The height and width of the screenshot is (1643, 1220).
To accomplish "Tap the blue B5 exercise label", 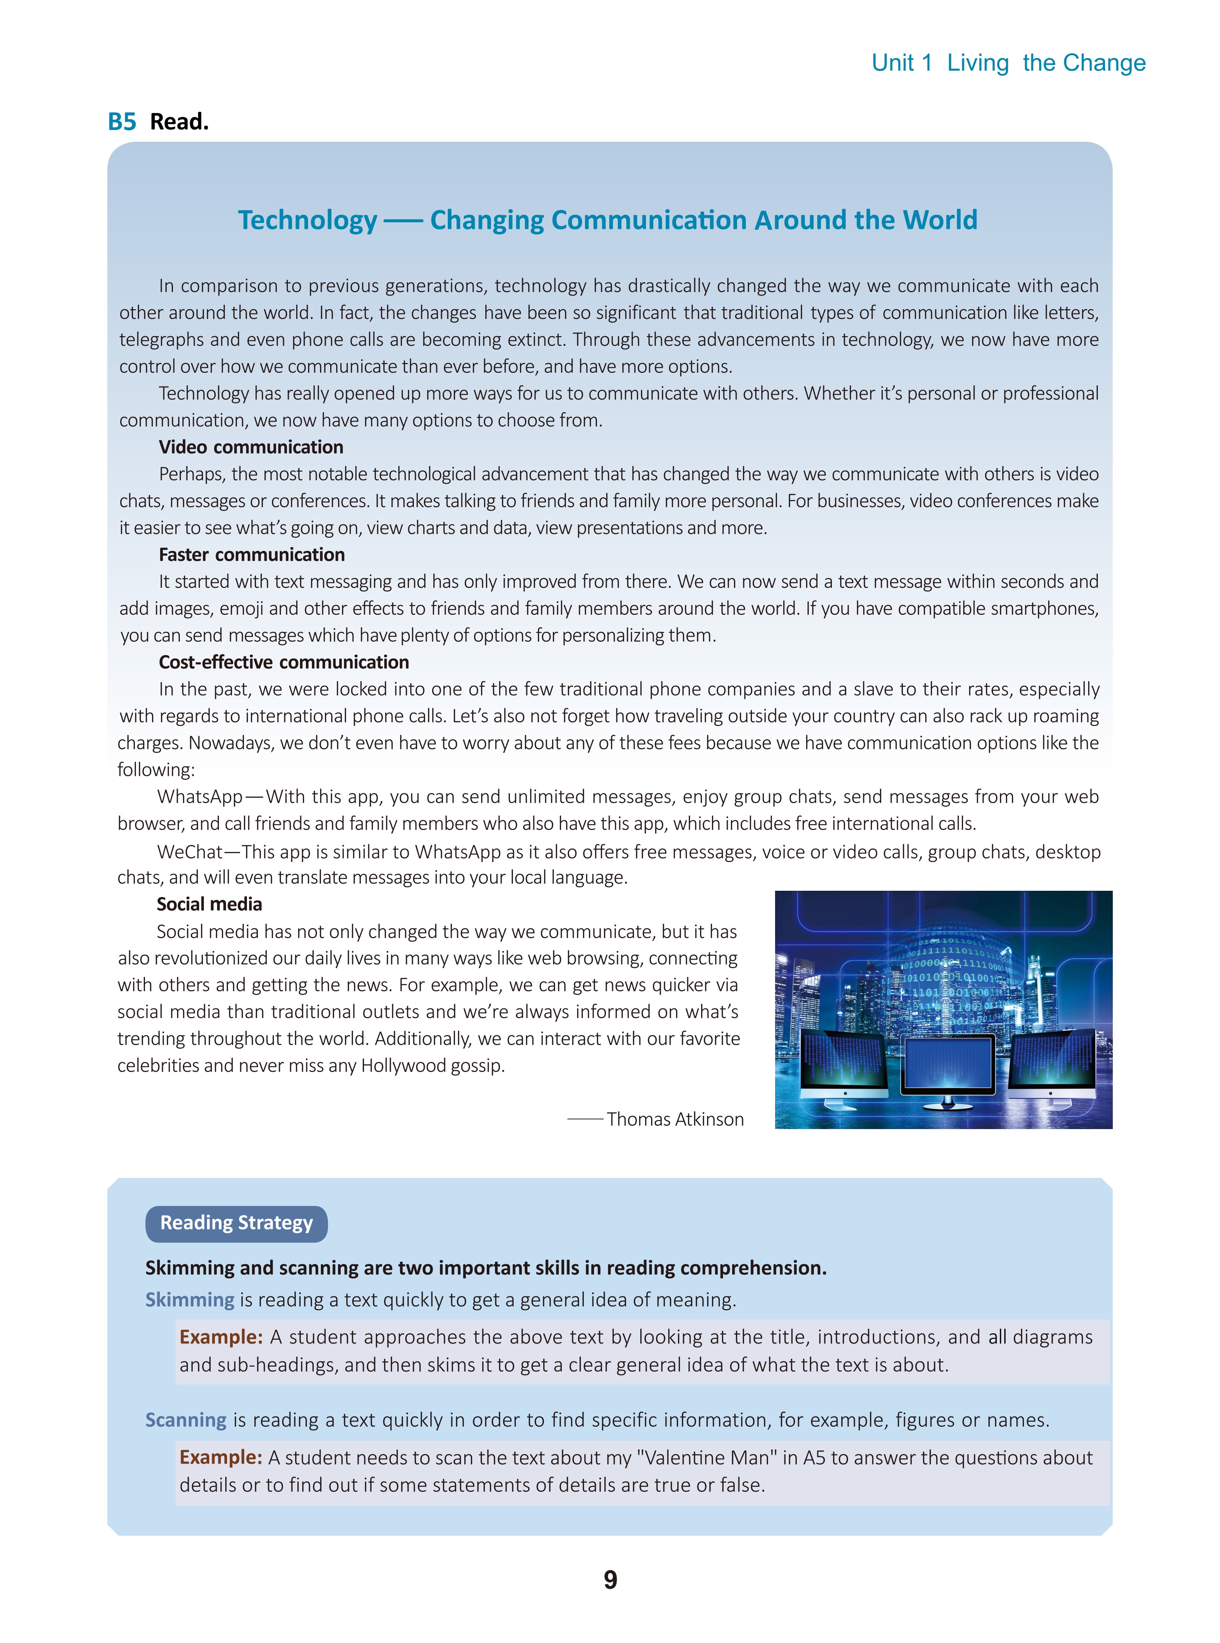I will (122, 122).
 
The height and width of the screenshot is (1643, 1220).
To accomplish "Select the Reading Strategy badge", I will (236, 1223).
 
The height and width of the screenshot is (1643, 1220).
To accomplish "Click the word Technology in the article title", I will (307, 220).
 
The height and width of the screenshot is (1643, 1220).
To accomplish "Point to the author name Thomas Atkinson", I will (675, 1119).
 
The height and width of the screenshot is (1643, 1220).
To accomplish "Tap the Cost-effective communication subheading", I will (284, 662).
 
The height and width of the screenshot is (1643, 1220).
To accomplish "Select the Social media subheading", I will (209, 904).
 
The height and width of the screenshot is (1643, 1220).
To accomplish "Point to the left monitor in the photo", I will (843, 1063).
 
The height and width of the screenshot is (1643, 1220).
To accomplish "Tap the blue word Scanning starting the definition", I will (186, 1420).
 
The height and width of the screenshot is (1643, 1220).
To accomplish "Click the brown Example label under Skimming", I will (221, 1337).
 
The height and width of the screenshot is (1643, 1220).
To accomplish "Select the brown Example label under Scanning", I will (221, 1457).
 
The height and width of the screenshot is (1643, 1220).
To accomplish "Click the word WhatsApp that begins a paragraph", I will (199, 797).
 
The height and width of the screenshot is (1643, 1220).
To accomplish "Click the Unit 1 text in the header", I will (902, 63).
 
